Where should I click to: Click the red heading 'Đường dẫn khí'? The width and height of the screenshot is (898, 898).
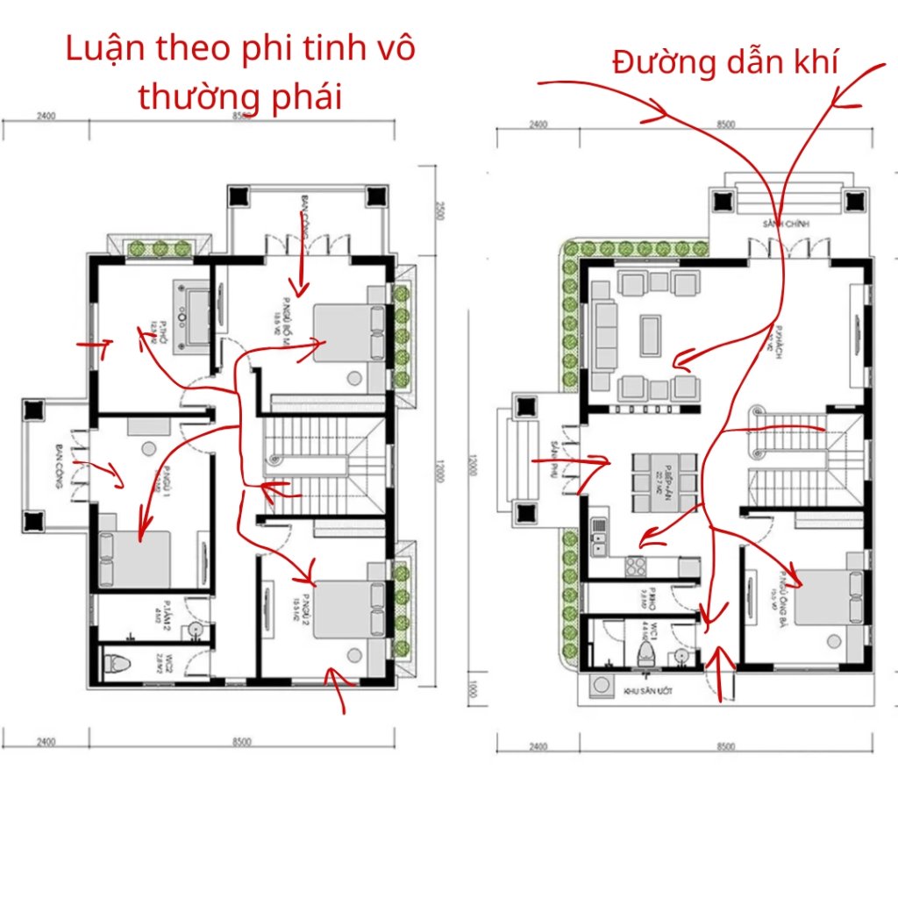pyautogui.click(x=725, y=62)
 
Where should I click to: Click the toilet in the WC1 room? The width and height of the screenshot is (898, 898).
pyautogui.click(x=648, y=653)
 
